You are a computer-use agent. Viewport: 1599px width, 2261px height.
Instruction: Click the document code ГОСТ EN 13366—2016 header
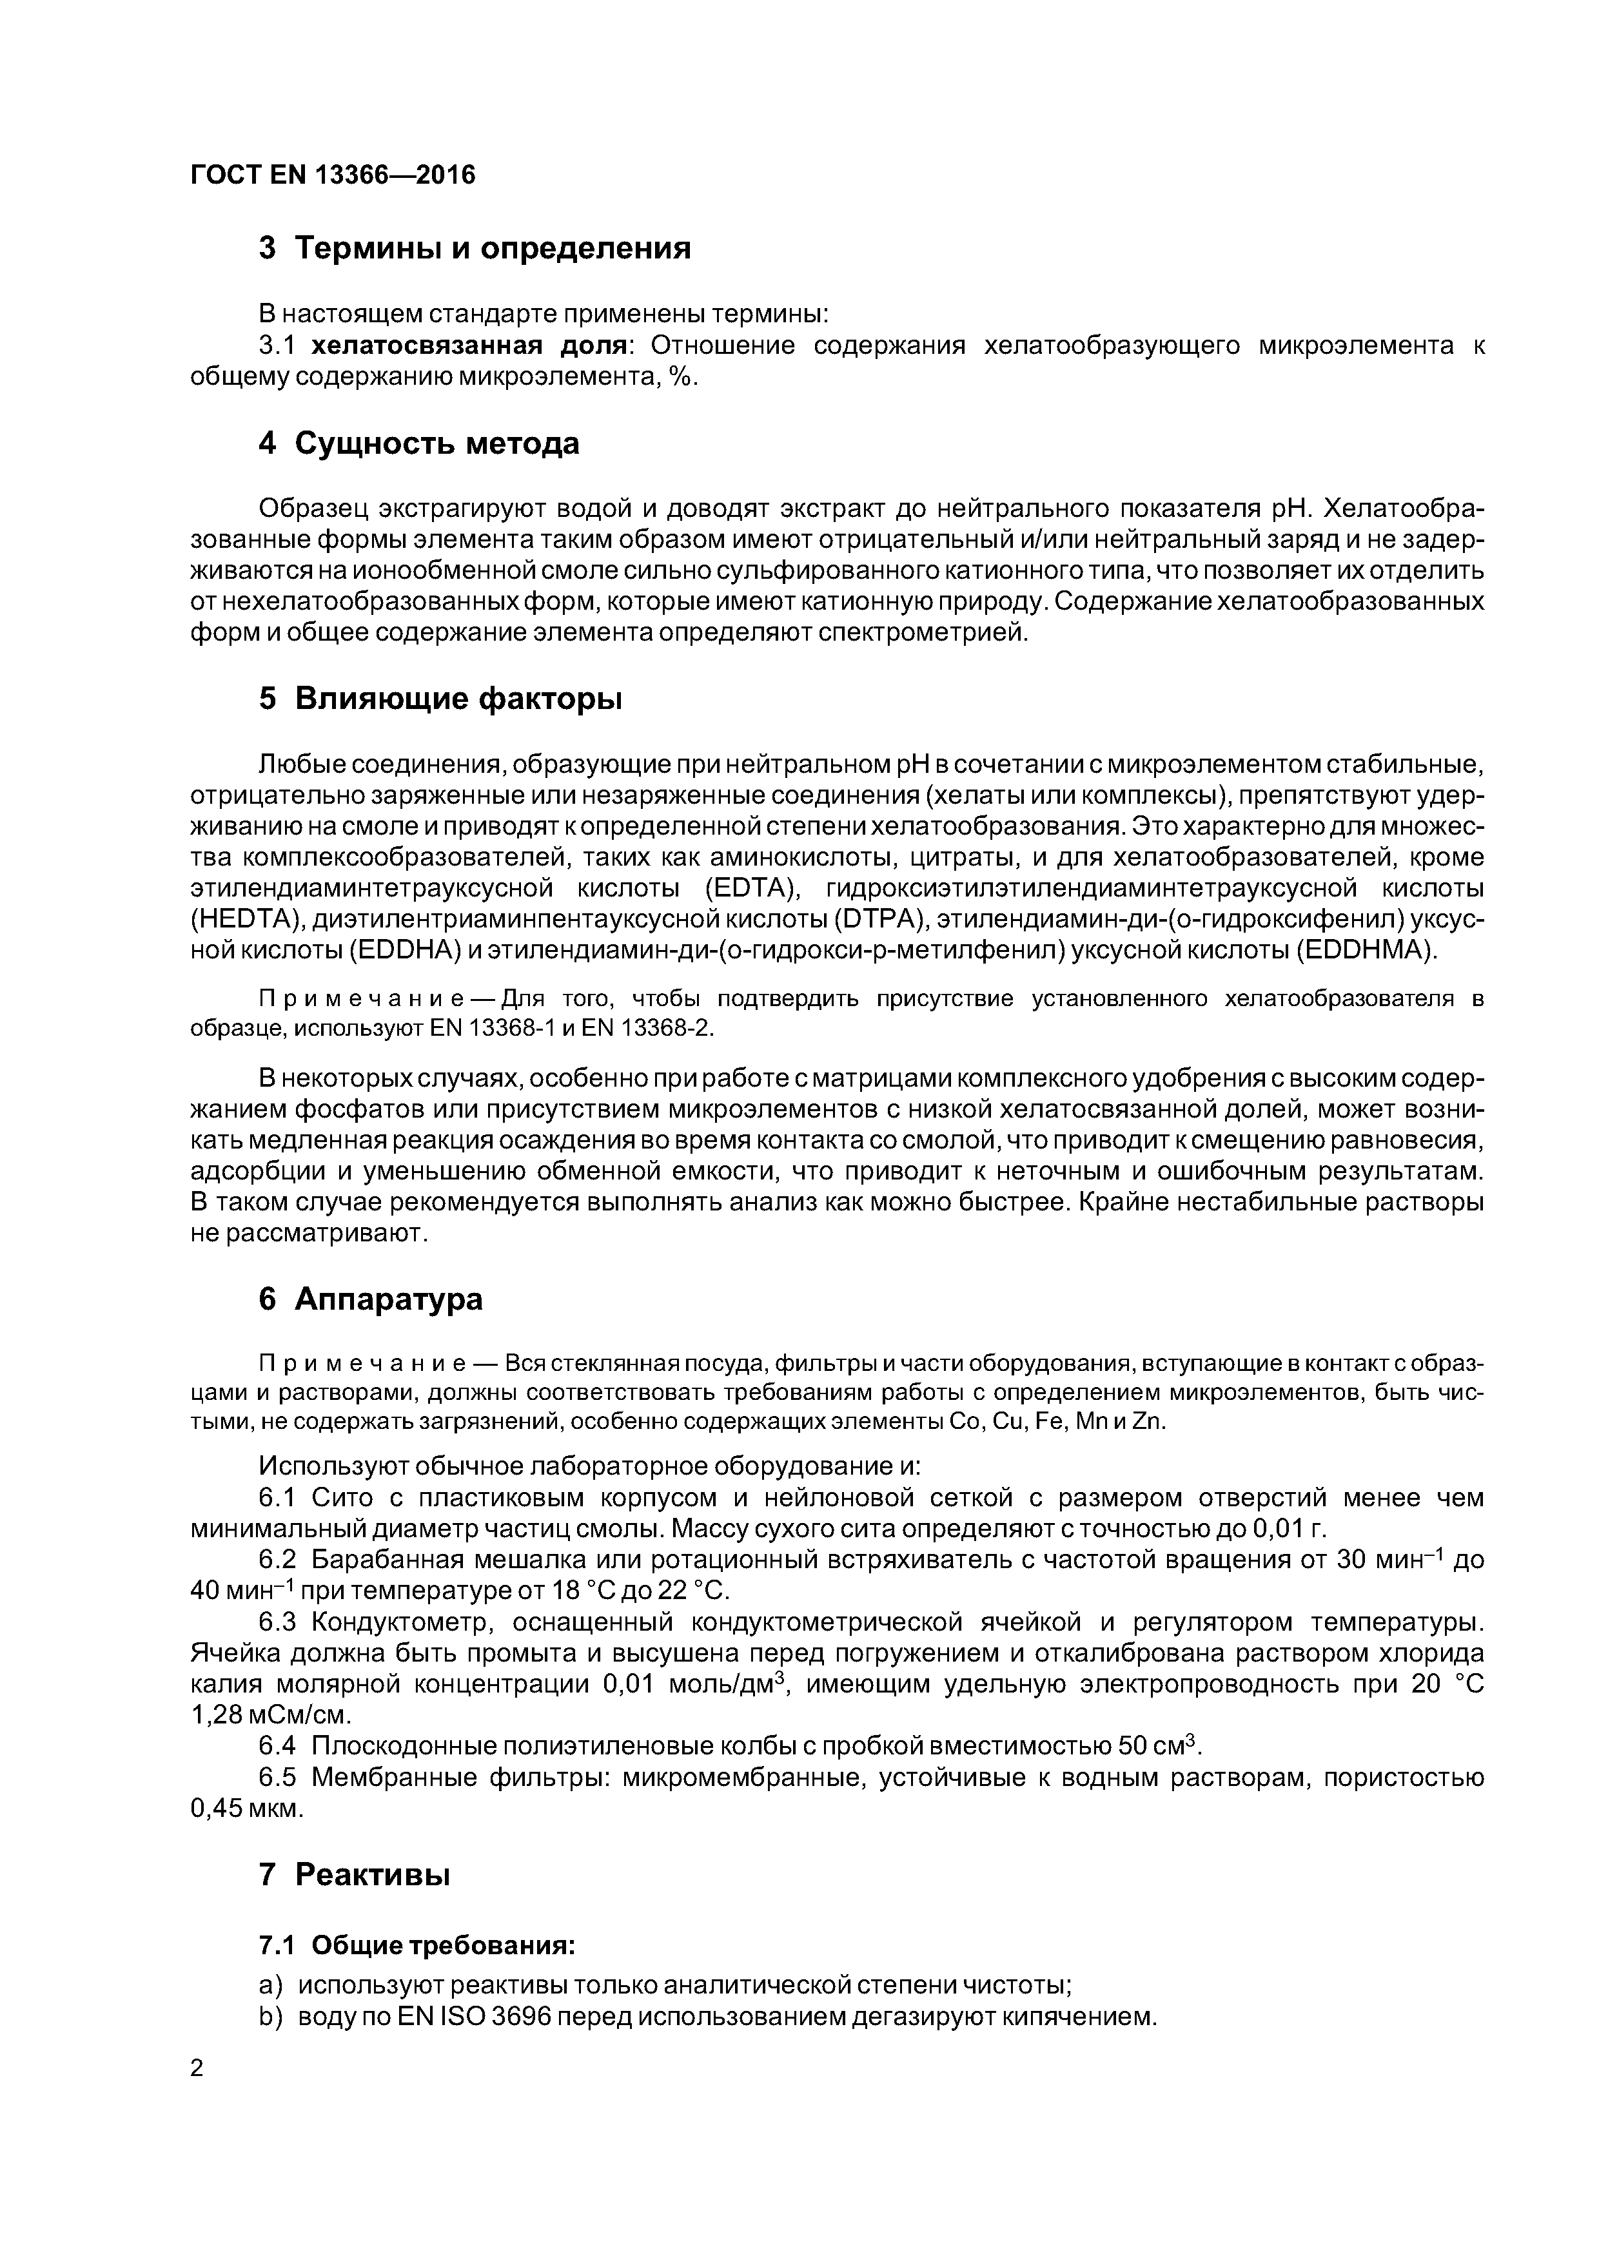[x=332, y=174]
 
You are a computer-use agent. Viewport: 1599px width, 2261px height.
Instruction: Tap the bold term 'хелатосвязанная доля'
[x=470, y=345]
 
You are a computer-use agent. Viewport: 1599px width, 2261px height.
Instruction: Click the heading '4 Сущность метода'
[x=418, y=444]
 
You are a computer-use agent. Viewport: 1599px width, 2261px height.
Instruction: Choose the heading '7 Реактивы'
[x=354, y=1875]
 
